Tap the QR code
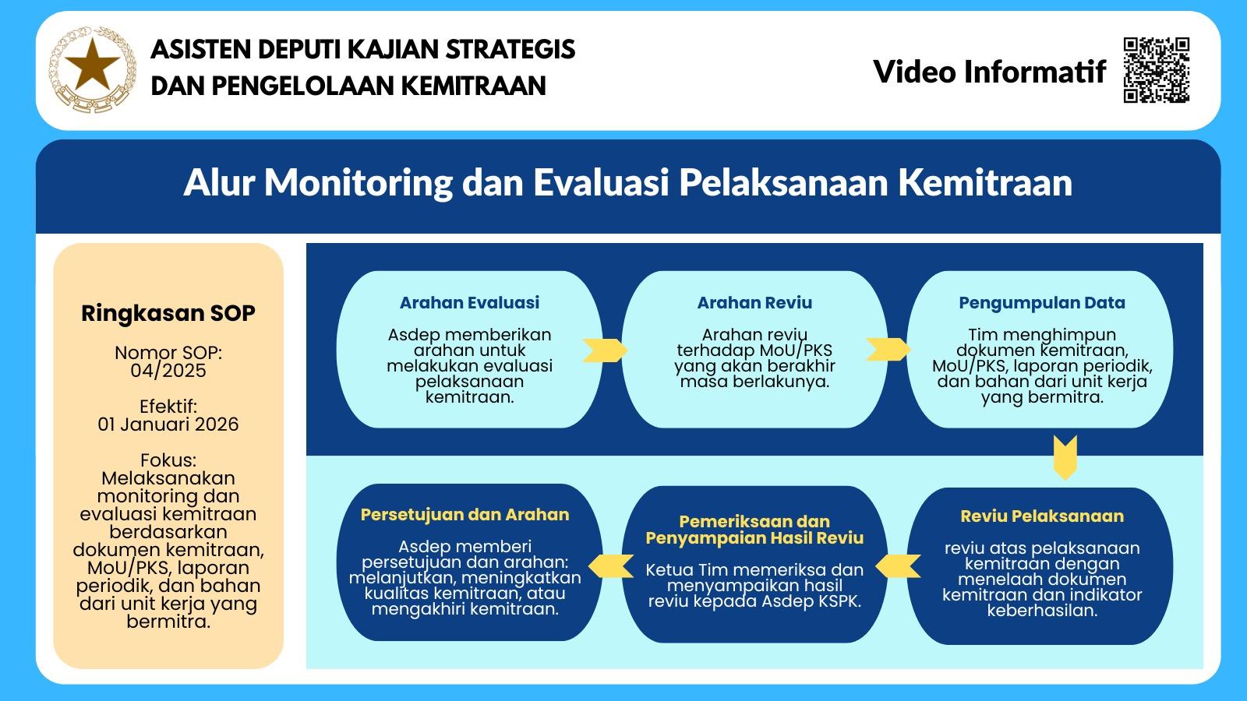tap(1157, 70)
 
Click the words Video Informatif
tap(989, 72)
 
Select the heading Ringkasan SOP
tap(168, 313)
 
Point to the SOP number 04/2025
tap(168, 371)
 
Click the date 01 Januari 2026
tap(168, 424)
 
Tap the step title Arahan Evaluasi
tap(469, 303)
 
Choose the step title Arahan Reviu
tap(754, 303)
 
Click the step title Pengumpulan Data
tap(1041, 303)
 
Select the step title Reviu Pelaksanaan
tap(1041, 516)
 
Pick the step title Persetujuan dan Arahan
tap(465, 515)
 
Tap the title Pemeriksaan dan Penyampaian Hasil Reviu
tap(754, 530)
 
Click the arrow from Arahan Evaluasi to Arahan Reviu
tap(605, 350)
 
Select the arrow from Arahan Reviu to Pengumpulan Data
tap(888, 350)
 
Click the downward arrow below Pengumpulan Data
tap(1065, 457)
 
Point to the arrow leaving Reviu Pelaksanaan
tap(897, 566)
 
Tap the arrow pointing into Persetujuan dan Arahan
tap(611, 566)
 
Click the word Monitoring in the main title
tap(358, 183)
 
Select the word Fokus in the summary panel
tap(168, 460)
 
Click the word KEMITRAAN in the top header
tap(473, 86)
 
